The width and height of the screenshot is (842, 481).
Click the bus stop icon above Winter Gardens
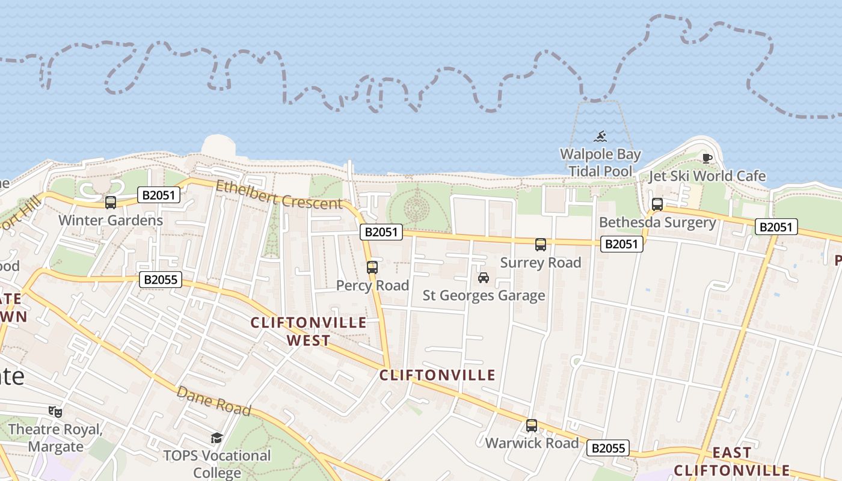(x=111, y=203)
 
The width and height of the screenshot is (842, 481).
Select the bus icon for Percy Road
(x=372, y=268)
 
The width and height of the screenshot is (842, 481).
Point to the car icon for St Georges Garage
(x=483, y=278)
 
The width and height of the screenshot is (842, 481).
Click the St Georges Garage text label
(x=484, y=295)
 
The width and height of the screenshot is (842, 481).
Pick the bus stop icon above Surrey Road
(x=541, y=245)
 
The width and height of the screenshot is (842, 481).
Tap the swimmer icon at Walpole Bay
(x=600, y=137)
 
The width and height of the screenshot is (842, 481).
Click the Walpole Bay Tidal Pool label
(x=600, y=163)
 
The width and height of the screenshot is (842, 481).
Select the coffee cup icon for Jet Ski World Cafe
(x=707, y=159)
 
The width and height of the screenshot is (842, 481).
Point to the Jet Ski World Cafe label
(x=707, y=176)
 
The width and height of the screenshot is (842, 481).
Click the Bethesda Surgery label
(x=657, y=222)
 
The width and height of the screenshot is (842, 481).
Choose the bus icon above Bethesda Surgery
(x=657, y=204)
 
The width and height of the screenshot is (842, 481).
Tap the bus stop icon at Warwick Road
(x=532, y=426)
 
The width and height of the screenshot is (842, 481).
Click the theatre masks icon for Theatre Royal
(x=55, y=412)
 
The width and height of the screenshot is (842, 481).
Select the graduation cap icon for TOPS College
(x=217, y=438)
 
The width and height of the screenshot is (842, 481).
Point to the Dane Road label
(x=214, y=401)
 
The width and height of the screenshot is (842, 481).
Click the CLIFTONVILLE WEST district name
(x=309, y=331)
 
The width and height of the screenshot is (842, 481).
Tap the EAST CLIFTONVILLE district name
(x=732, y=461)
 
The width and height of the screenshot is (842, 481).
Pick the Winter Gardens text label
(x=111, y=220)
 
